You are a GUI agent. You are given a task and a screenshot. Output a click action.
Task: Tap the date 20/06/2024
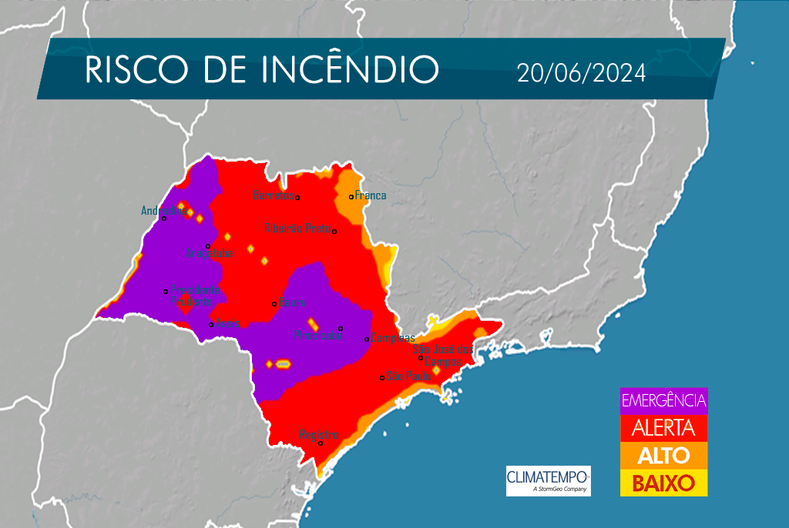pyautogui.click(x=581, y=73)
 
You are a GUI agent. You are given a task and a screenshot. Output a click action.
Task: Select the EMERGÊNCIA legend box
pyautogui.click(x=663, y=401)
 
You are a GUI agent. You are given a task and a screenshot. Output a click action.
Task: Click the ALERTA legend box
pyautogui.click(x=663, y=428)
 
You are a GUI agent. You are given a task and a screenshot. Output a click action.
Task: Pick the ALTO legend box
pyautogui.click(x=663, y=456)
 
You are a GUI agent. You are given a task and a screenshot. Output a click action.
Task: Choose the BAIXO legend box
pyautogui.click(x=663, y=483)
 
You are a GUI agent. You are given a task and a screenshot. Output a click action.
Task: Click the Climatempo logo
pyautogui.click(x=548, y=480)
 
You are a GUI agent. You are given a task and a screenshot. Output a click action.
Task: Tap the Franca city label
pyautogui.click(x=371, y=195)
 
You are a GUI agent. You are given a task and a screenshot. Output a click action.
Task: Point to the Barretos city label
pyautogui.click(x=274, y=195)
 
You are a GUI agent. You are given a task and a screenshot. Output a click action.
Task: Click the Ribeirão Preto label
pyautogui.click(x=297, y=228)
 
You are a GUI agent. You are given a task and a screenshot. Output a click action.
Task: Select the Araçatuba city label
pyautogui.click(x=210, y=253)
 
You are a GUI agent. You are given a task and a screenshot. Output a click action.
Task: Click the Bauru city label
pyautogui.click(x=294, y=301)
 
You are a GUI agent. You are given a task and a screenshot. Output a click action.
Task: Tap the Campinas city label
pyautogui.click(x=393, y=338)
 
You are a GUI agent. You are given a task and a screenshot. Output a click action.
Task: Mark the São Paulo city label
pyautogui.click(x=408, y=376)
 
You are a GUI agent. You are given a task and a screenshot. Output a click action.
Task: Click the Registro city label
pyautogui.click(x=318, y=435)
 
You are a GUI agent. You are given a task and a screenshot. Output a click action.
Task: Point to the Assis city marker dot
pyautogui.click(x=211, y=325)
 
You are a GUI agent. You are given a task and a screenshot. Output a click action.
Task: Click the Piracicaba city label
pyautogui.click(x=317, y=336)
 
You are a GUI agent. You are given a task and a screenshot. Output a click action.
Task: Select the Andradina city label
pyautogui.click(x=160, y=210)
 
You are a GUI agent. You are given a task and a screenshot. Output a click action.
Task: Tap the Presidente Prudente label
pyautogui.click(x=195, y=296)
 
